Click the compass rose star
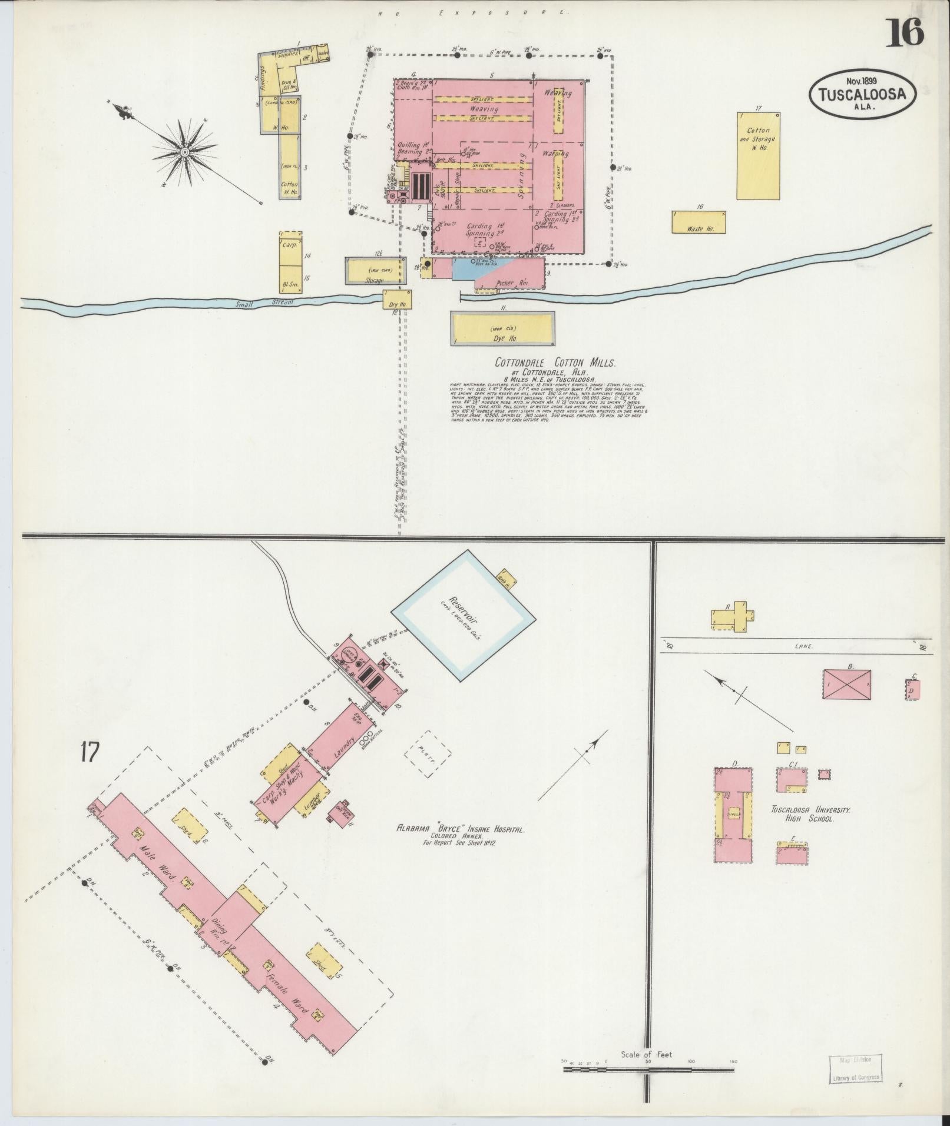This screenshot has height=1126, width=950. [x=184, y=151]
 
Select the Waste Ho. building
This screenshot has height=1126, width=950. [x=699, y=222]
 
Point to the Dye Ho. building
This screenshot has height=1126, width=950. [x=502, y=329]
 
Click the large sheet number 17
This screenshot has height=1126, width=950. [x=91, y=752]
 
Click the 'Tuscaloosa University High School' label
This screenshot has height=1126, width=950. [x=811, y=814]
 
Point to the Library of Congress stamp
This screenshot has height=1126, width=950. [x=856, y=1067]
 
